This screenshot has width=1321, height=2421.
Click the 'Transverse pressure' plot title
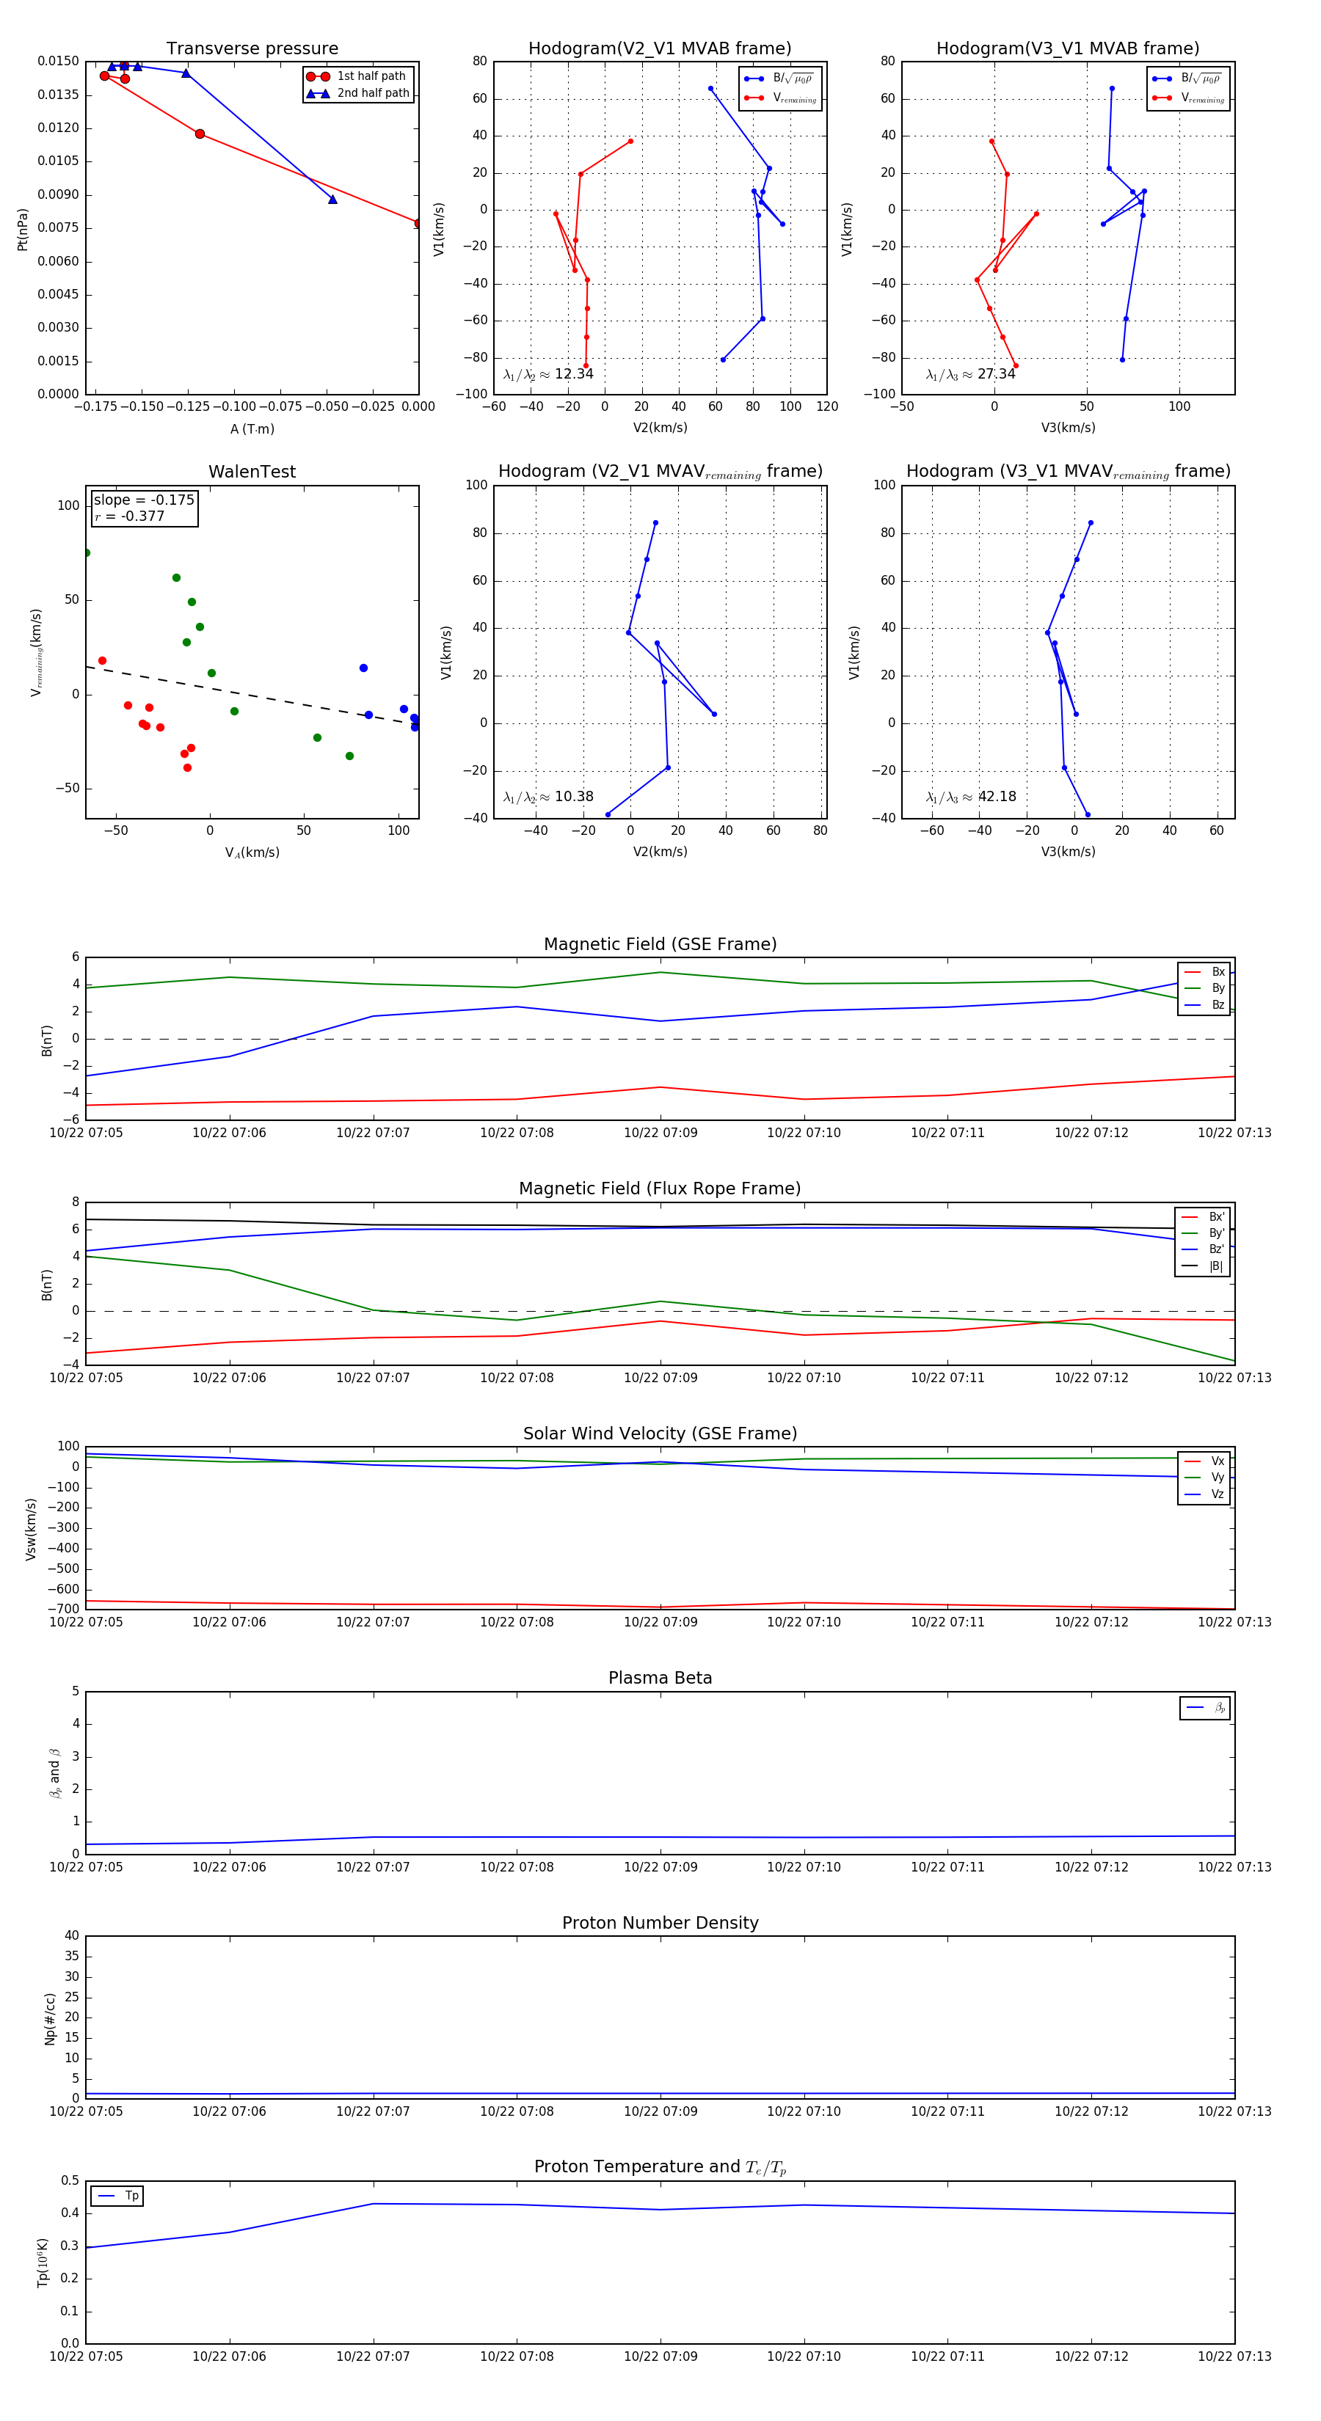click(252, 49)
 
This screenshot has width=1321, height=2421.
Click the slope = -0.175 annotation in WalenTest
click(144, 500)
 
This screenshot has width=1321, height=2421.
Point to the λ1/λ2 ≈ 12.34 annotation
click(548, 374)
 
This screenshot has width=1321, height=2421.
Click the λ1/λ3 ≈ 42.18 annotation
click(970, 797)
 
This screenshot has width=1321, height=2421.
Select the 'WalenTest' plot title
click(252, 472)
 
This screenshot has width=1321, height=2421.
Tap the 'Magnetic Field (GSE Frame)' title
click(660, 944)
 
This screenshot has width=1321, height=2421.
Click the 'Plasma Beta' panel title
click(660, 1678)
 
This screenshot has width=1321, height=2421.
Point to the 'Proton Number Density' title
click(660, 1922)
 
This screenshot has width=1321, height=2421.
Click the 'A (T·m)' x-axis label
click(252, 429)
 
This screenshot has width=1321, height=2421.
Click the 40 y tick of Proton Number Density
click(71, 1935)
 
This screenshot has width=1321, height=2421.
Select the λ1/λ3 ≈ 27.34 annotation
click(970, 374)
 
